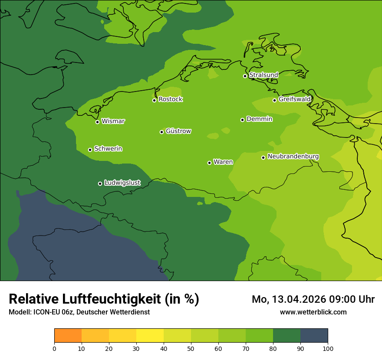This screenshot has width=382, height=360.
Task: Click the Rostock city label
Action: pyautogui.click(x=170, y=99)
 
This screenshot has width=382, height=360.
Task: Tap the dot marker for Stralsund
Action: pyautogui.click(x=245, y=76)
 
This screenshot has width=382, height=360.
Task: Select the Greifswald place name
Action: pyautogui.click(x=294, y=99)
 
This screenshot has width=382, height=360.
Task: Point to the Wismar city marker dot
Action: pyautogui.click(x=97, y=122)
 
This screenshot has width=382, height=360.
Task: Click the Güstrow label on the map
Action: pyautogui.click(x=178, y=131)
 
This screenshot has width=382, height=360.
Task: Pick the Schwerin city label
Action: pyautogui.click(x=108, y=149)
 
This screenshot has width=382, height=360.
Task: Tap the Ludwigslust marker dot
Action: pyautogui.click(x=100, y=183)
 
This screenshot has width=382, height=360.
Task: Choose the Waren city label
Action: pyautogui.click(x=223, y=162)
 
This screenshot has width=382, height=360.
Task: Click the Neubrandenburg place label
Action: pyautogui.click(x=293, y=157)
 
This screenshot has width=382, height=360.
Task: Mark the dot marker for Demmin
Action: pyautogui.click(x=242, y=120)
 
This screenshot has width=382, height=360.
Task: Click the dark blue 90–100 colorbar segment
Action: pyautogui.click(x=314, y=336)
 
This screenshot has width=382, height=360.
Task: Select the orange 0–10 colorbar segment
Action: pyautogui.click(x=68, y=336)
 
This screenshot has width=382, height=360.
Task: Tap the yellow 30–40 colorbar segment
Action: pyautogui.click(x=150, y=336)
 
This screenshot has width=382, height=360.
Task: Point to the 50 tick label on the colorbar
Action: pyautogui.click(x=191, y=348)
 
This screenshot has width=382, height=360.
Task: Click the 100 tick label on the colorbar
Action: pyautogui.click(x=328, y=348)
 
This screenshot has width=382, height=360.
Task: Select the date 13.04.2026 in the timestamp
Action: pyautogui.click(x=294, y=299)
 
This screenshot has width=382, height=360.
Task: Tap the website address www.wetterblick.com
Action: pyautogui.click(x=313, y=312)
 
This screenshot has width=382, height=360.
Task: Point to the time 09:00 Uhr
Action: pyautogui.click(x=352, y=299)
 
